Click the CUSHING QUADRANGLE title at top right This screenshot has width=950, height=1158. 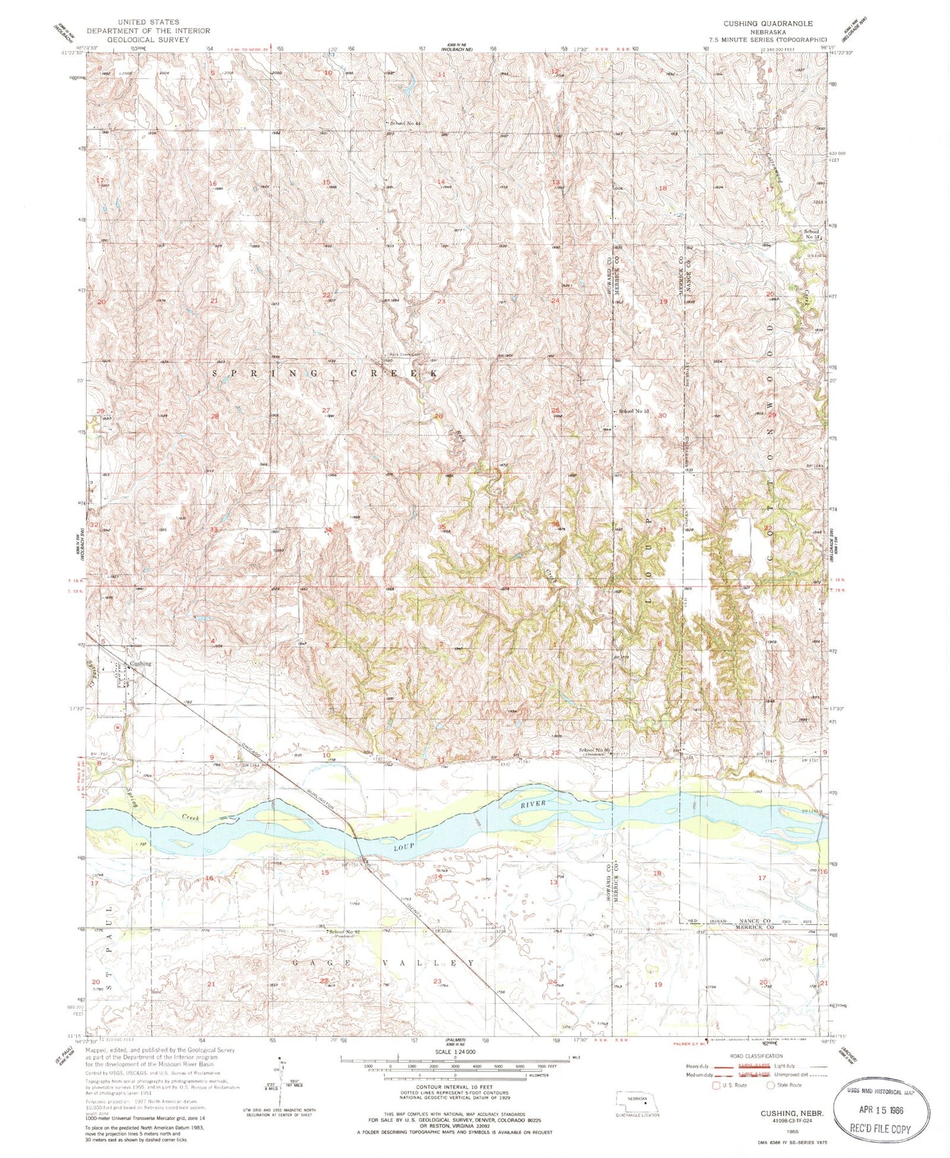click(768, 23)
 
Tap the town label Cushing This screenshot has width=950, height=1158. click(140, 663)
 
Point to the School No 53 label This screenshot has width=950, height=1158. click(633, 411)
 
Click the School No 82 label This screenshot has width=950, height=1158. click(344, 932)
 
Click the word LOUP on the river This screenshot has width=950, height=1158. click(404, 846)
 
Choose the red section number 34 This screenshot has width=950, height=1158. click(327, 529)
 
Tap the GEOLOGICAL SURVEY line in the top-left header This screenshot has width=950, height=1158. click(139, 39)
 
